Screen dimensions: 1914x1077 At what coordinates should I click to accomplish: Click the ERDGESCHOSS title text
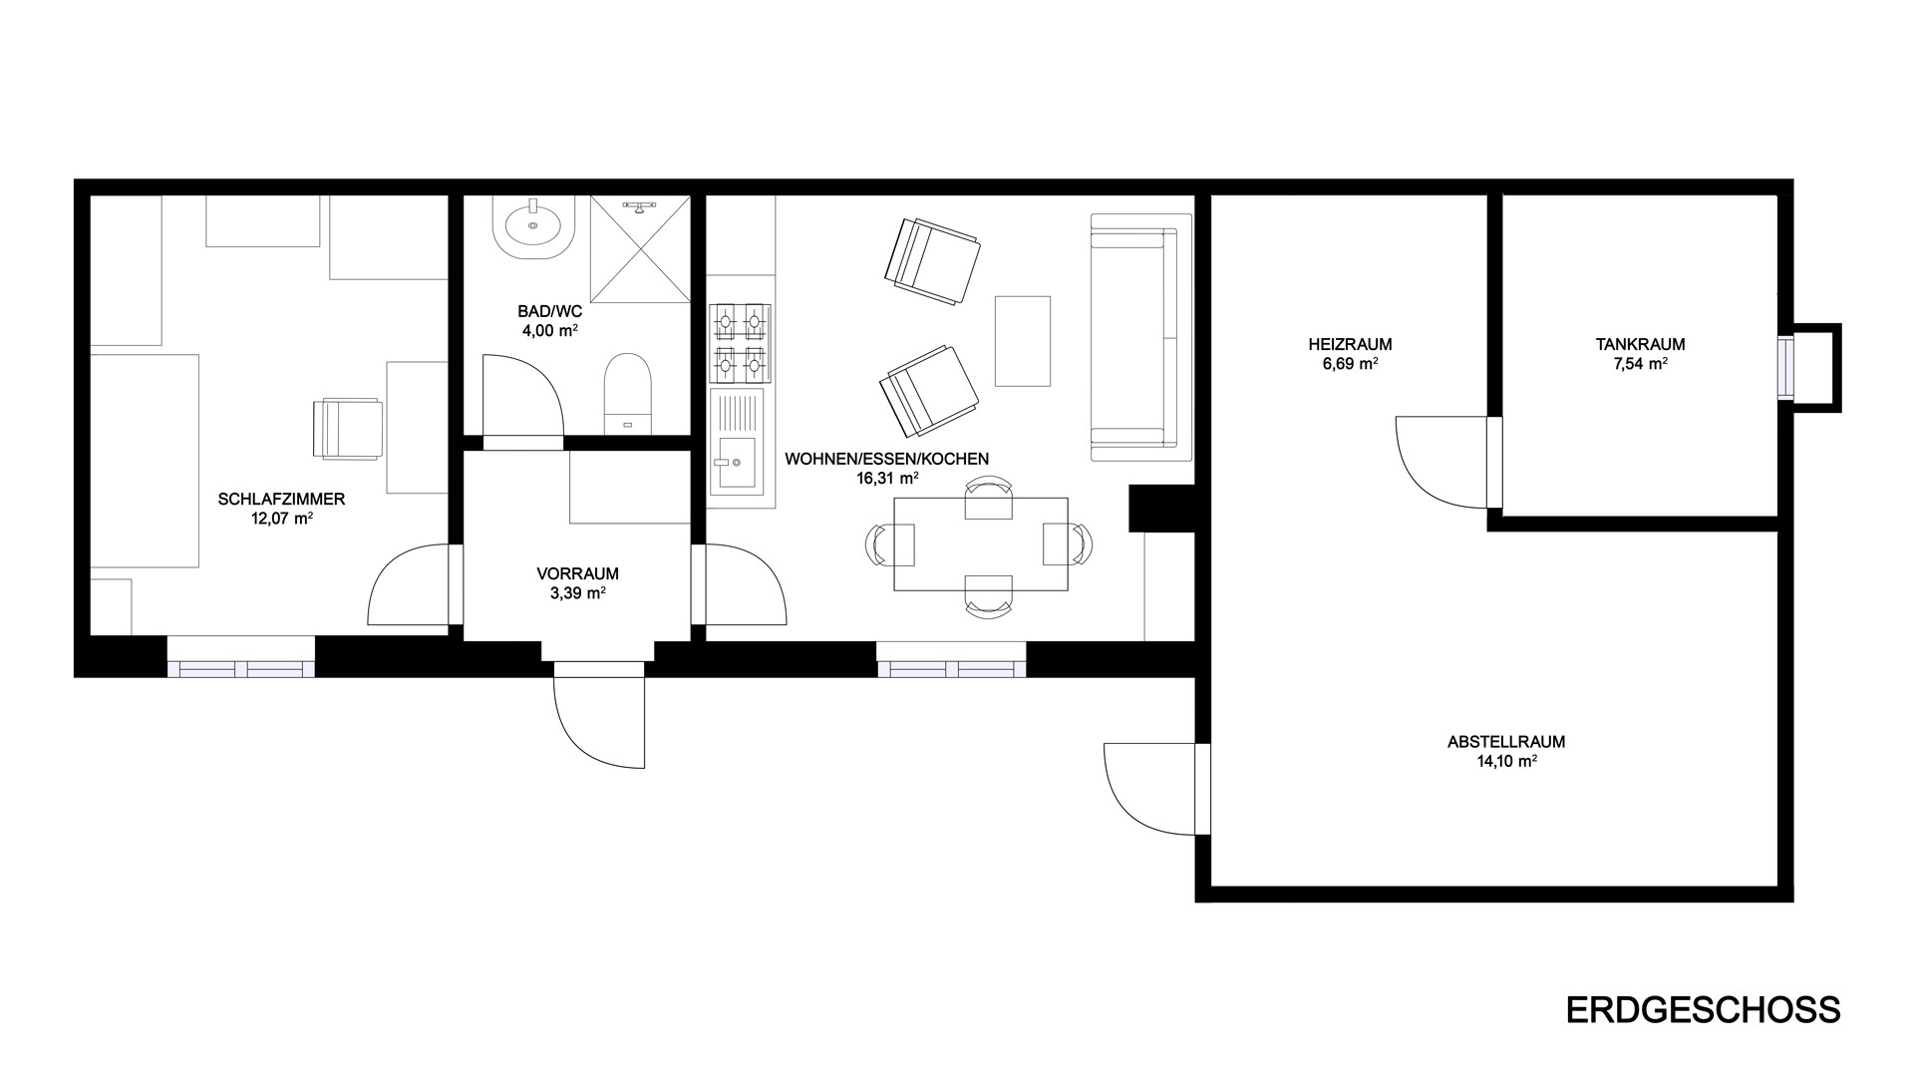click(x=1704, y=1009)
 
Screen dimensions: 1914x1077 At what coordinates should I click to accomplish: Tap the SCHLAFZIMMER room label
click(x=281, y=499)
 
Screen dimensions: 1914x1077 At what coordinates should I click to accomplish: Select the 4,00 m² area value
click(x=550, y=330)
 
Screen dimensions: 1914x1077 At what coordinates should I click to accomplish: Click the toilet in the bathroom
click(x=627, y=393)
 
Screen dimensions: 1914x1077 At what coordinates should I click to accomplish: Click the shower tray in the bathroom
click(x=640, y=248)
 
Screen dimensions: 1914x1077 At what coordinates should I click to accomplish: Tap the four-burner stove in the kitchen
click(x=740, y=344)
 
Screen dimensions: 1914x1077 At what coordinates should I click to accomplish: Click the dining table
click(x=981, y=544)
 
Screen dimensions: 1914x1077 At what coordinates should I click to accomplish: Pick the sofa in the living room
click(x=1140, y=337)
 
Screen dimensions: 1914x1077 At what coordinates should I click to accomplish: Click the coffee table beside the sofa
click(x=1023, y=341)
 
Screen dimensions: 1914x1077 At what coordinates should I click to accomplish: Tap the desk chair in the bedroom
click(x=348, y=429)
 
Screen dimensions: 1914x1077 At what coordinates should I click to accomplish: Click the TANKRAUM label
click(x=1640, y=344)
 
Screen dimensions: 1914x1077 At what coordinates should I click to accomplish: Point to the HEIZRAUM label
click(x=1350, y=344)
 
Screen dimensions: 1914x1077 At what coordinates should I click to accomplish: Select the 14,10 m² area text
click(x=1506, y=761)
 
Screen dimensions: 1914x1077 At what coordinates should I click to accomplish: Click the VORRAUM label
click(x=577, y=573)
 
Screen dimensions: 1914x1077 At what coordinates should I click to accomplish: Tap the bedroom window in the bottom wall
click(x=240, y=668)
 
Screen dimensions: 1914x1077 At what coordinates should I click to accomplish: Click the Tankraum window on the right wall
click(x=1784, y=368)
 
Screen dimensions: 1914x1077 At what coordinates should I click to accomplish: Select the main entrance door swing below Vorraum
click(x=599, y=723)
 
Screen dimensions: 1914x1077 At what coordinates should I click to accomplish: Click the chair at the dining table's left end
click(x=891, y=544)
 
